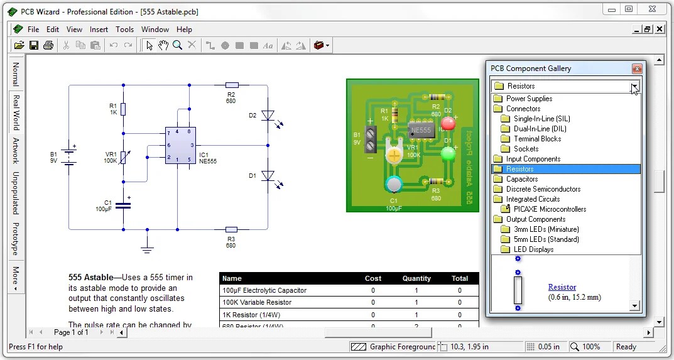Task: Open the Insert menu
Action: click(x=99, y=30)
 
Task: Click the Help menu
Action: click(x=184, y=30)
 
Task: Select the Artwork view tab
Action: click(x=16, y=150)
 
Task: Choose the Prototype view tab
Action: click(x=16, y=238)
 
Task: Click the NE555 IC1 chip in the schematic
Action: click(x=180, y=146)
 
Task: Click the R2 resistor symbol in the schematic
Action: click(x=231, y=85)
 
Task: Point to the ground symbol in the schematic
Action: click(x=147, y=249)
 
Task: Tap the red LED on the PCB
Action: click(x=448, y=124)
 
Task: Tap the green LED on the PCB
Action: click(x=448, y=153)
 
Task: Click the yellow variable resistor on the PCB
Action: click(x=394, y=155)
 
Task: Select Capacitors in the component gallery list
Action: click(x=522, y=179)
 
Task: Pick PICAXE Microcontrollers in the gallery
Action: click(x=550, y=209)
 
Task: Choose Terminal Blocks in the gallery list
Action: click(x=537, y=139)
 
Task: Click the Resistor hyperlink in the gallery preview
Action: click(x=562, y=287)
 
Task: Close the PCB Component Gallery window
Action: click(x=637, y=68)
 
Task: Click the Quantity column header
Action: click(x=416, y=278)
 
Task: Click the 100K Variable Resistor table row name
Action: click(x=257, y=302)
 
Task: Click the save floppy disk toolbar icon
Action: click(x=34, y=45)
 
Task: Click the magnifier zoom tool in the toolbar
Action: click(x=178, y=45)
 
